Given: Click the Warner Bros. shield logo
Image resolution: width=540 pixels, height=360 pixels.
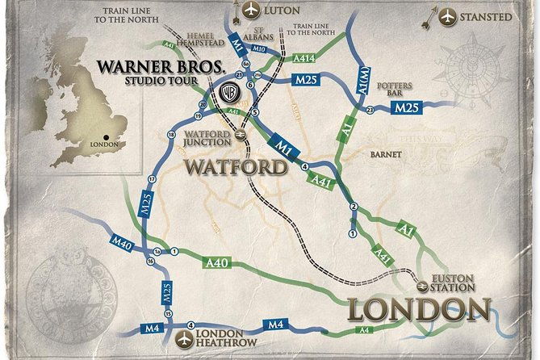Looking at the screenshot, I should tap(229, 92).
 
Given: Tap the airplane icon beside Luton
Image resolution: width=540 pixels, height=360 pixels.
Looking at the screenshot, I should tap(252, 10).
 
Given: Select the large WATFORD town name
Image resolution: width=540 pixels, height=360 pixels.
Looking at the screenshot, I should tap(236, 167).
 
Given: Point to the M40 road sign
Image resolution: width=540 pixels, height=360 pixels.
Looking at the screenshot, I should tap(122, 241).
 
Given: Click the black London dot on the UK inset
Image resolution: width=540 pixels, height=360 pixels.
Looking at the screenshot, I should tap(106, 136).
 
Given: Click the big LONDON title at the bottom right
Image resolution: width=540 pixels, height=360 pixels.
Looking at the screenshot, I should tap(420, 310).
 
